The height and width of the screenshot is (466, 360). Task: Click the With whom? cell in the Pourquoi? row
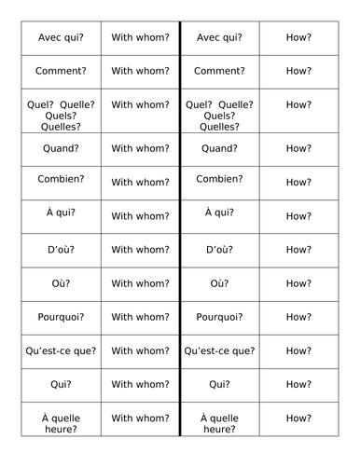[140, 317]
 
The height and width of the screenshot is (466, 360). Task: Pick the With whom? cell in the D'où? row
[140, 249]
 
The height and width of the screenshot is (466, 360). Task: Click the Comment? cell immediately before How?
[219, 70]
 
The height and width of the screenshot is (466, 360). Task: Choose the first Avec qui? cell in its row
[60, 37]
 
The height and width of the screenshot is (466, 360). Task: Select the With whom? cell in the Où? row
[140, 283]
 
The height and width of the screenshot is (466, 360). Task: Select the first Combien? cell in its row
[60, 181]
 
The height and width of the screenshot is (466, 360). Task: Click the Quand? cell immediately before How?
[219, 147]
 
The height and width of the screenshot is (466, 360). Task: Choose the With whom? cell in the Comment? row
[140, 70]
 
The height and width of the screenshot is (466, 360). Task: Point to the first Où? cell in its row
[60, 283]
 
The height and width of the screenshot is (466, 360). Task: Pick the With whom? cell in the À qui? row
[140, 215]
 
